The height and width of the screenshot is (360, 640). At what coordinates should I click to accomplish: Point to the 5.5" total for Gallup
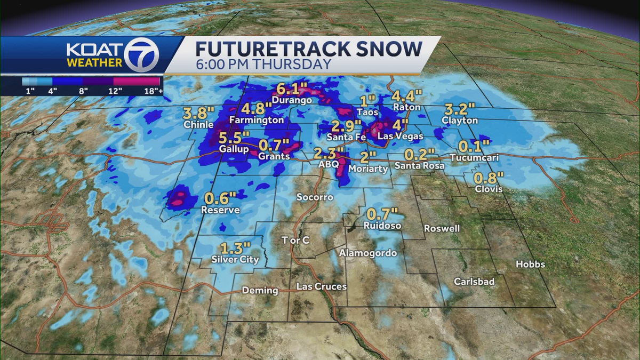pyautogui.click(x=233, y=139)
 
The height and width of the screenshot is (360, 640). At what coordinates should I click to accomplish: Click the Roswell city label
pyautogui.click(x=442, y=228)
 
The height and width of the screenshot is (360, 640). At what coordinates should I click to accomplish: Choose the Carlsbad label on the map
pyautogui.click(x=474, y=282)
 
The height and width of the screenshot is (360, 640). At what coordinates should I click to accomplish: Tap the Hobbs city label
pyautogui.click(x=530, y=265)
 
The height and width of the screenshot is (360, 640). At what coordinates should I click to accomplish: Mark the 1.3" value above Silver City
pyautogui.click(x=235, y=249)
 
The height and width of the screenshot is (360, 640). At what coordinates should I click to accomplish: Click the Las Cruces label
pyautogui.click(x=322, y=287)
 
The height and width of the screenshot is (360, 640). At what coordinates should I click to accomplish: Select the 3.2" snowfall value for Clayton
pyautogui.click(x=459, y=110)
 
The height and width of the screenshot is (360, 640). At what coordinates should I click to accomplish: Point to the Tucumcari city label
pyautogui.click(x=474, y=158)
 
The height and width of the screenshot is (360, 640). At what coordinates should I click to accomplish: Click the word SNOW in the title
pyautogui.click(x=388, y=49)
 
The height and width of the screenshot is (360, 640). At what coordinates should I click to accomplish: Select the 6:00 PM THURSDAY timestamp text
pyautogui.click(x=263, y=64)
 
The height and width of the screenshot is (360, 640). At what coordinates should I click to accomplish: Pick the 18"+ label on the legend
pyautogui.click(x=154, y=91)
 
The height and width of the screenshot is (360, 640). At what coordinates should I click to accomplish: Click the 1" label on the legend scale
pyautogui.click(x=30, y=91)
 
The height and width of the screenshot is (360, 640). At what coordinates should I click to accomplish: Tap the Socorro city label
pyautogui.click(x=315, y=197)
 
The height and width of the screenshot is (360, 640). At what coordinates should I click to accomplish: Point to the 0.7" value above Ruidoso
pyautogui.click(x=382, y=214)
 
